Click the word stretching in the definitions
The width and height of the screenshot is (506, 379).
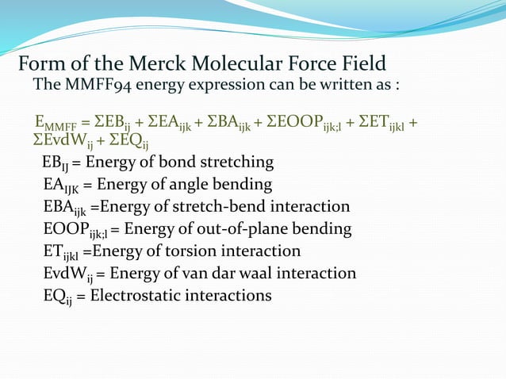point(235,163)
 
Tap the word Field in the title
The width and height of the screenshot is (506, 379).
point(361,63)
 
